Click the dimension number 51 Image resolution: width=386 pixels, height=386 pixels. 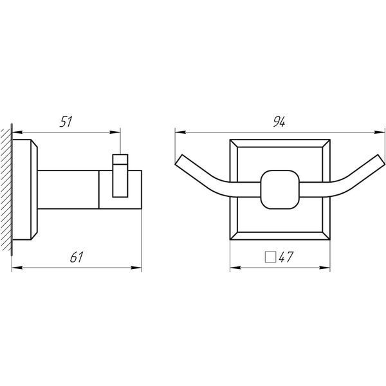click(66, 122)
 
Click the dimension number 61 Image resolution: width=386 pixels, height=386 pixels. click(77, 257)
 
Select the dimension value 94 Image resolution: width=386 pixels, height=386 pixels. click(279, 122)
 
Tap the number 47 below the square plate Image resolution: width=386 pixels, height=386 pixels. click(286, 257)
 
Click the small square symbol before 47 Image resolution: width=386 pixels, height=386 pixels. click(270, 257)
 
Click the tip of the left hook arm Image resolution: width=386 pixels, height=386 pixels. click(179, 160)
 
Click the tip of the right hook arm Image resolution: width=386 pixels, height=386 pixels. click(381, 160)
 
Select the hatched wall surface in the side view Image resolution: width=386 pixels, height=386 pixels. click(6, 190)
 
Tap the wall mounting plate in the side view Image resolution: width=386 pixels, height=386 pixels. click(24, 190)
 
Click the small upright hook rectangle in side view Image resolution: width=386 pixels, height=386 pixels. click(120, 176)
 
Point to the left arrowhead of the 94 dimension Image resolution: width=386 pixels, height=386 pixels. click(180, 132)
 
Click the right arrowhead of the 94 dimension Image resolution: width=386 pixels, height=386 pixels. click(380, 132)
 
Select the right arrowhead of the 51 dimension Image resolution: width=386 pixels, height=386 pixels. click(115, 132)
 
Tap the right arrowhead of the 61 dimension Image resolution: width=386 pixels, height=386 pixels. click(136, 268)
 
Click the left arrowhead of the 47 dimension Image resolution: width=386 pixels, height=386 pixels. click(235, 268)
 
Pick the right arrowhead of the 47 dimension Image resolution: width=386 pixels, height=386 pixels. click(325, 268)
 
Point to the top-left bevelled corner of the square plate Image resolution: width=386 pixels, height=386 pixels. click(234, 143)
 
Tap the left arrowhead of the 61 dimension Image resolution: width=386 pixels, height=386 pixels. click(17, 268)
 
